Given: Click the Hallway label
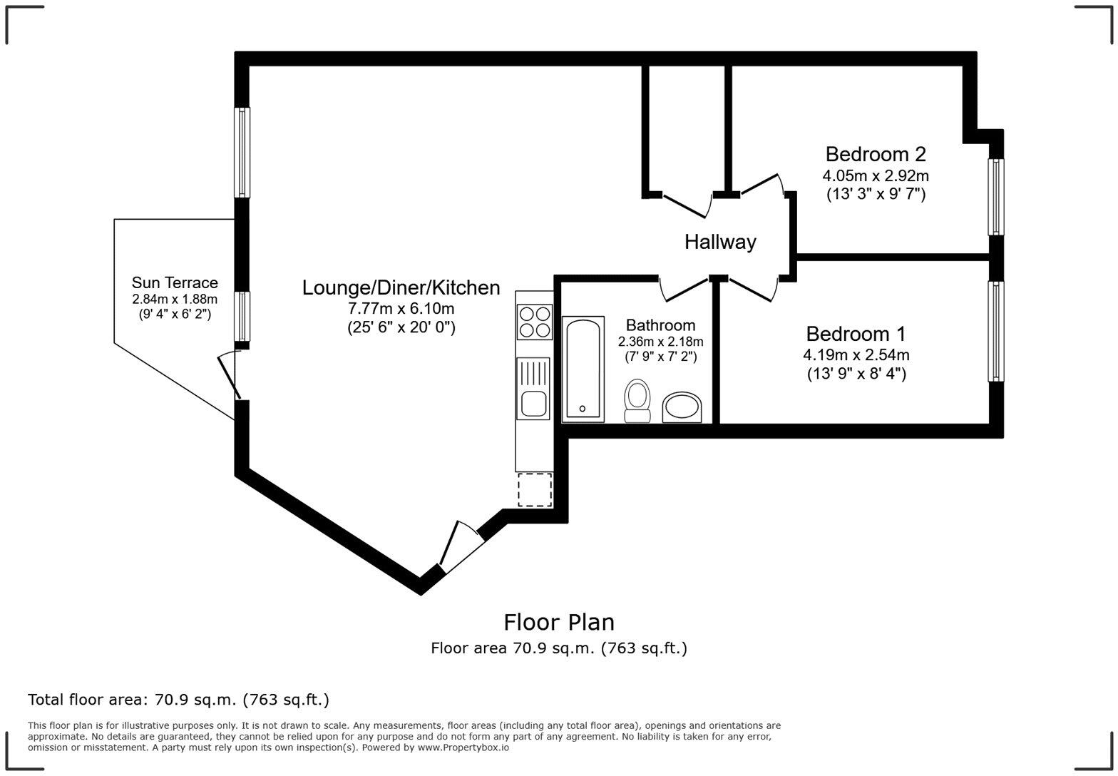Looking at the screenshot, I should coord(720,242).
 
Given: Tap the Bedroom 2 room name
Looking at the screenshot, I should coord(876,154).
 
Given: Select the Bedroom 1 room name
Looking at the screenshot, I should coord(856,334).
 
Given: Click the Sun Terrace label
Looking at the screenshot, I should coord(175,283).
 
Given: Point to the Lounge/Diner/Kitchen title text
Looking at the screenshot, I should coord(401,287).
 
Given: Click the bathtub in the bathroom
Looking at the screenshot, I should coord(583,369).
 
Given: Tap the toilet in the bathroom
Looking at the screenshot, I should coord(637,401).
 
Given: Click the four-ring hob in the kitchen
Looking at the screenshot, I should coord(534,322).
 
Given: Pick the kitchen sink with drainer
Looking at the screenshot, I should coord(533,388).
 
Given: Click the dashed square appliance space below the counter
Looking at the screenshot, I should coord(535,489).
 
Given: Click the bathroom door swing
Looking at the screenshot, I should coord(682,288).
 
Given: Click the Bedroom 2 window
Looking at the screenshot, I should coord(995,197).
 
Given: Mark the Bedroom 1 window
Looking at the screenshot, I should coord(995,331).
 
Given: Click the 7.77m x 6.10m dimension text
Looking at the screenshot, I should coord(401,309).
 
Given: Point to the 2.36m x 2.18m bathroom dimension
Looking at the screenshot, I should coord(660,342).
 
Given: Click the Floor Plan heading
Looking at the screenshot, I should coord(559,622).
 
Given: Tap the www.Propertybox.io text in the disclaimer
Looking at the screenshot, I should coord(463,747).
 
